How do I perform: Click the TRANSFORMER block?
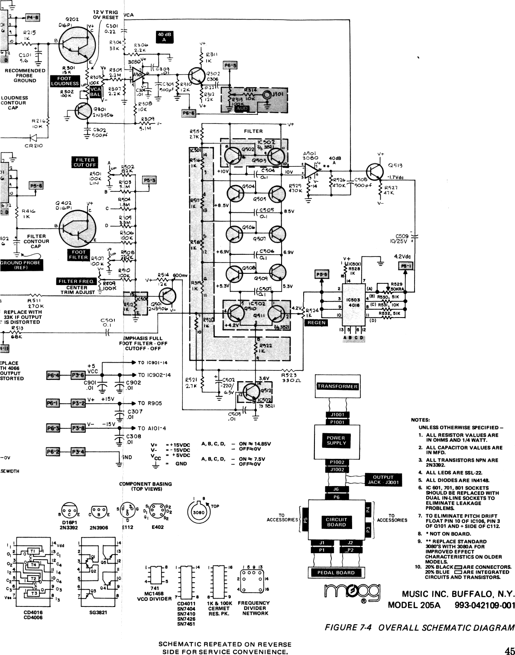(337, 386)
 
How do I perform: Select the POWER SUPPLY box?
(337, 441)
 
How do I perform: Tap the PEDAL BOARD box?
(336, 572)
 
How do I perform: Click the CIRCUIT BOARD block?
(336, 522)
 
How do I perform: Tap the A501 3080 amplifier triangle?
(311, 170)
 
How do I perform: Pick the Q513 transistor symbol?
(373, 171)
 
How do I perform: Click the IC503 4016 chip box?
(351, 302)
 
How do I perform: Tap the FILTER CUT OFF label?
(84, 162)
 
